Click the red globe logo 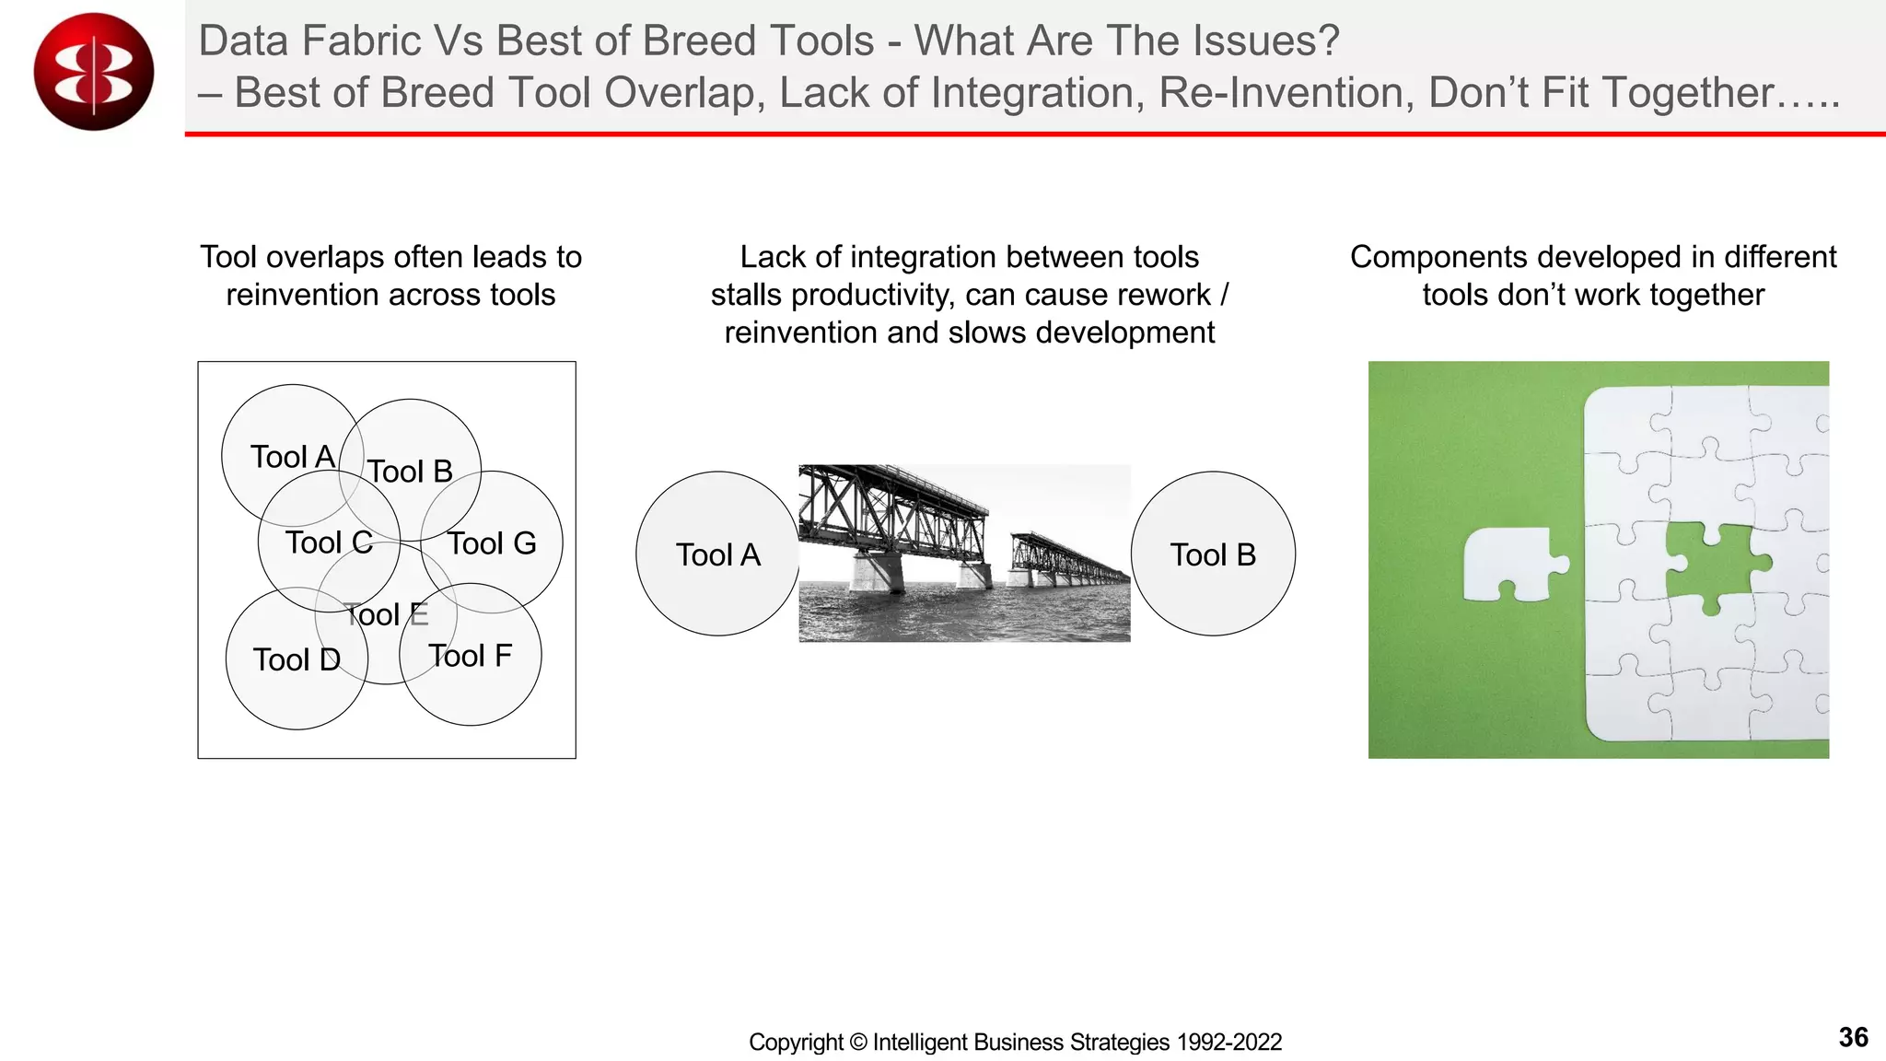(93, 72)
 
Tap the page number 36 (1853, 1037)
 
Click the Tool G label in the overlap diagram (492, 543)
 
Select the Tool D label (297, 659)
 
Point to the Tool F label (470, 656)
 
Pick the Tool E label (386, 614)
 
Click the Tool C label (329, 542)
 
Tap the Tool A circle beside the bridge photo (717, 554)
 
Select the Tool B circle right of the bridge (1213, 554)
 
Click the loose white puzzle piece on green (1510, 564)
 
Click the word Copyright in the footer (796, 1042)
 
